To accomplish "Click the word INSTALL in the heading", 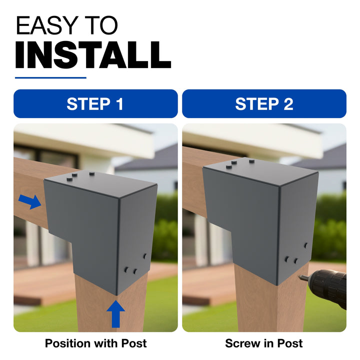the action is tap(93, 55).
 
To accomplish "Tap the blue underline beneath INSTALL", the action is tap(50, 78).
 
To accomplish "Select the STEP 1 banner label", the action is tap(95, 104).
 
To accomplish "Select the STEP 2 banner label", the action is tap(264, 104).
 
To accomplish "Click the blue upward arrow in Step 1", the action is tap(116, 314).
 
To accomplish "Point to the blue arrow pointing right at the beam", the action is tap(30, 201).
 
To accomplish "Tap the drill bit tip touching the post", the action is tap(299, 277).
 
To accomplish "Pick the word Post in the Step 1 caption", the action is tap(134, 343).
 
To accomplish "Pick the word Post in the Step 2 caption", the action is tap(289, 343).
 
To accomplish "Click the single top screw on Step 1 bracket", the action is tap(92, 173).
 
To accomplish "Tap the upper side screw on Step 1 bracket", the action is tap(145, 256).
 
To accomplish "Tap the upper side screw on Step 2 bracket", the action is tap(306, 245).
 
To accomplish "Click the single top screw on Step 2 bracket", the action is tap(251, 161).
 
